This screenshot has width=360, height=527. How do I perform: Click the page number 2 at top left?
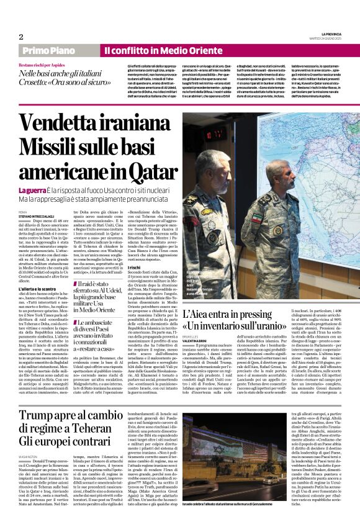click(x=20, y=37)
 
